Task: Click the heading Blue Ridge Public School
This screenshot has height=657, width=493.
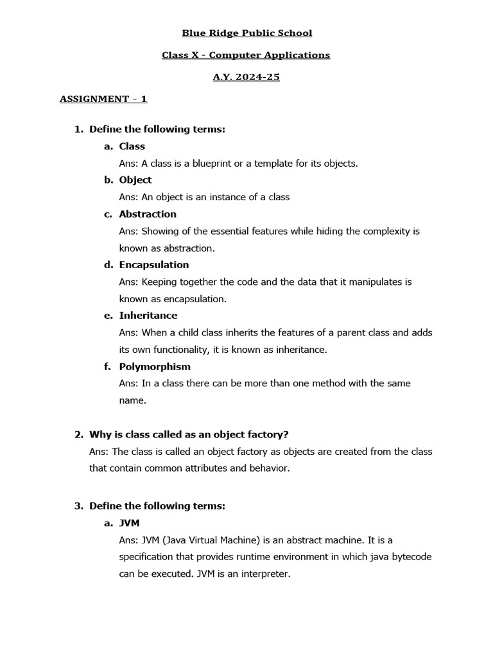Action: [x=246, y=33]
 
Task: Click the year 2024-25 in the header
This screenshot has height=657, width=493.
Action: [x=255, y=77]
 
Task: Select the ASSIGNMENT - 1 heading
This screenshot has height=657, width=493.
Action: [x=103, y=99]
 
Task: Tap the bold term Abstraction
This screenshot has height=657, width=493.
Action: [x=148, y=214]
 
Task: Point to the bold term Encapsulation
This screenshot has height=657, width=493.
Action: [x=154, y=264]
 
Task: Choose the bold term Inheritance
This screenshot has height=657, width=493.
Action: [x=148, y=315]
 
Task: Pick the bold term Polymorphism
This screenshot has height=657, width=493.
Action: [x=155, y=366]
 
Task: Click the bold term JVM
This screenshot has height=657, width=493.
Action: [x=129, y=523]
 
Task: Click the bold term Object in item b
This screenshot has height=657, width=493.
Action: [x=135, y=180]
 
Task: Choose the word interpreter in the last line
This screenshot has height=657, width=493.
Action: [x=264, y=574]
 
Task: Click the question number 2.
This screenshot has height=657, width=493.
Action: [x=78, y=434]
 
